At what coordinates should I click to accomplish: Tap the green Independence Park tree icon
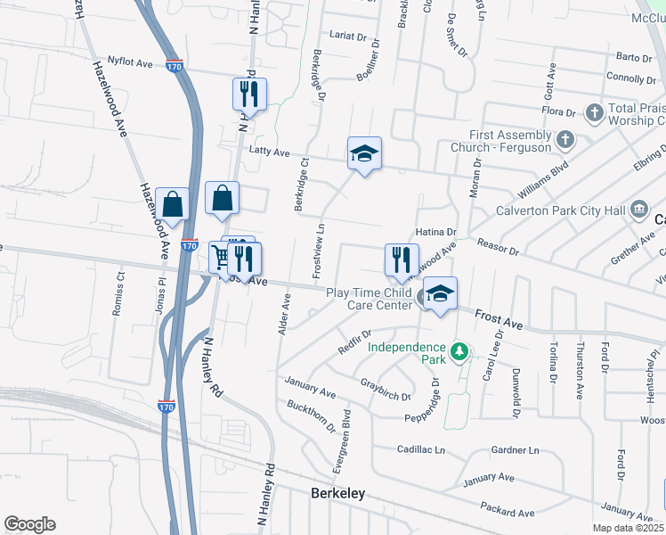coord(459,352)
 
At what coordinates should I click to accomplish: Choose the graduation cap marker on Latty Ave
coord(363,155)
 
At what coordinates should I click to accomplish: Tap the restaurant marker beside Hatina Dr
coord(401,259)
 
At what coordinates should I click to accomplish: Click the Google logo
coord(28,524)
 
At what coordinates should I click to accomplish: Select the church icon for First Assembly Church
coord(564,139)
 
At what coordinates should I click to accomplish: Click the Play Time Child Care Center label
coord(368,299)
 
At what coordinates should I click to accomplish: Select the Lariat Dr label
coord(348,36)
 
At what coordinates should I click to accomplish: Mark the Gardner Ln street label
coord(516,450)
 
